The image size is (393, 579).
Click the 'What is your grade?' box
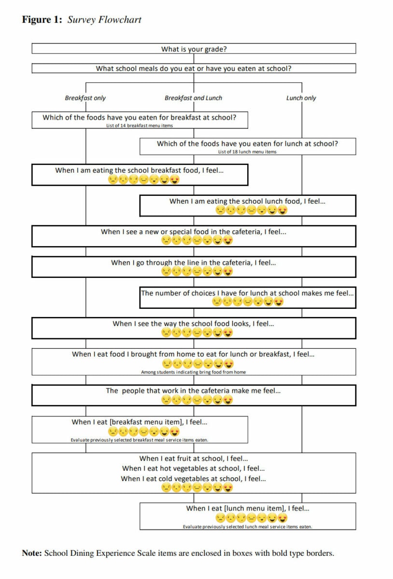(x=194, y=49)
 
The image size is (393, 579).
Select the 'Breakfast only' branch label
(x=85, y=98)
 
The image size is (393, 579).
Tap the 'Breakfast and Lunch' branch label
(x=193, y=98)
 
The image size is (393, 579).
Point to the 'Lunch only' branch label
(x=301, y=98)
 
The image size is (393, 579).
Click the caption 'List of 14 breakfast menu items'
(x=140, y=125)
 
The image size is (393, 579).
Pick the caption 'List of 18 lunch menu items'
(x=247, y=152)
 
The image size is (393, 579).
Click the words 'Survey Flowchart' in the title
(x=104, y=20)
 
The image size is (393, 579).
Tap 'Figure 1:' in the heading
(x=42, y=20)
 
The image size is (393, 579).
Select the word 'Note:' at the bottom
(x=32, y=553)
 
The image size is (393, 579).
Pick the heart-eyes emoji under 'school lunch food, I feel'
(x=283, y=210)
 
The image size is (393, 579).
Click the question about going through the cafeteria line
(x=194, y=262)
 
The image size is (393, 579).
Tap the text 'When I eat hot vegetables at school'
(x=193, y=468)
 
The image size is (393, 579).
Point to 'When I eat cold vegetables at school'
(x=193, y=479)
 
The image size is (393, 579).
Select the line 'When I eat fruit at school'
(x=193, y=458)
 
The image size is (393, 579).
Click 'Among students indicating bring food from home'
(x=194, y=372)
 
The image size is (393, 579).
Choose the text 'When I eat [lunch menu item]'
(x=247, y=508)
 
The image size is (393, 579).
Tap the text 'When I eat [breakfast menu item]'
(x=140, y=422)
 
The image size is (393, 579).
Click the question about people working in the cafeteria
(x=193, y=390)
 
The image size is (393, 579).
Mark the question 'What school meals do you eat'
(x=194, y=69)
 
